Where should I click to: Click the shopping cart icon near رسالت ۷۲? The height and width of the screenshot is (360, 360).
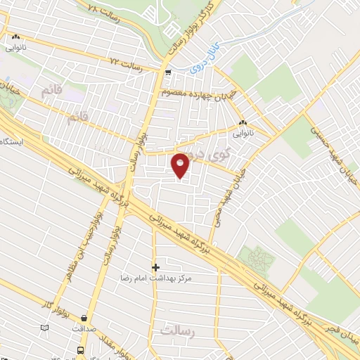coord(167,73)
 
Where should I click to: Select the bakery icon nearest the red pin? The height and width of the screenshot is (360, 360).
coord(243,120)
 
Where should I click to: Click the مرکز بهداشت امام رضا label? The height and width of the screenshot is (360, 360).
coord(155,279)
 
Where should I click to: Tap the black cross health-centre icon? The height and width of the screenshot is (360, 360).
coord(155,267)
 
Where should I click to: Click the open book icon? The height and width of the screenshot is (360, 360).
coord(45,328)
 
